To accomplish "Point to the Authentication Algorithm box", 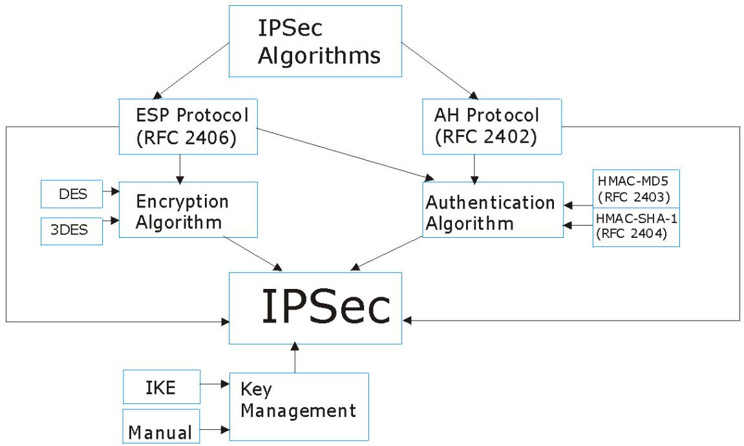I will [x=489, y=211].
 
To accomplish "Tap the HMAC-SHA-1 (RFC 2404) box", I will [x=636, y=227].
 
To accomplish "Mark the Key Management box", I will [x=299, y=406].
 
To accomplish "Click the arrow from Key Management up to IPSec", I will [x=295, y=359].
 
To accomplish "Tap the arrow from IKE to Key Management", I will [x=216, y=385].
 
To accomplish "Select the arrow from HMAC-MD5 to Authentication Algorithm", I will [x=578, y=205].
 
